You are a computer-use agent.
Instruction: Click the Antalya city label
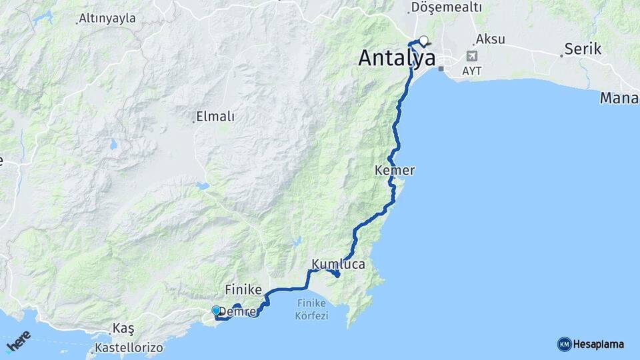[397, 58]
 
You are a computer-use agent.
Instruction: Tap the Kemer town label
[395, 171]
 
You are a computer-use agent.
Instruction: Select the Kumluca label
[338, 264]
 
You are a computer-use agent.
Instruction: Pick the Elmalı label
[215, 117]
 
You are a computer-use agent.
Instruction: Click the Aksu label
[490, 39]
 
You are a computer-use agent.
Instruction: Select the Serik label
[583, 49]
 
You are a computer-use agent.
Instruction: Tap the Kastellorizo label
[129, 347]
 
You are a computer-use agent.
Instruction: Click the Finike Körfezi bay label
[312, 310]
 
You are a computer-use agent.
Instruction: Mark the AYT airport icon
[472, 57]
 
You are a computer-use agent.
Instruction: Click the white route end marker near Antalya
[423, 40]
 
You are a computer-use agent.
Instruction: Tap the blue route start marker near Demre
[216, 310]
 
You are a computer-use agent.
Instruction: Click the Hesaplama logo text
[599, 344]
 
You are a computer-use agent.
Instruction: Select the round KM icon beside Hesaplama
[564, 344]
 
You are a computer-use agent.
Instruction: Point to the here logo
[18, 343]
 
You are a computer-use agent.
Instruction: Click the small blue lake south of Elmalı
[203, 186]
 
